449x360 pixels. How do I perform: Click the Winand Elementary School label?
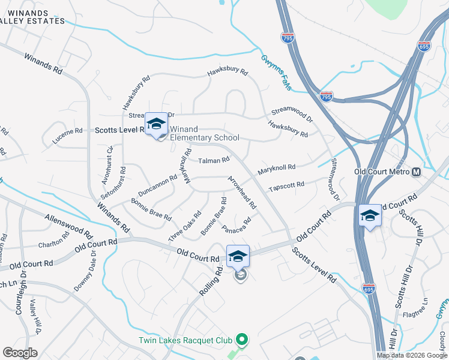[204, 133]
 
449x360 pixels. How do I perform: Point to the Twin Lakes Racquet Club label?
[185, 340]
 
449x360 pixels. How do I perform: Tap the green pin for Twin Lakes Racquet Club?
[242, 340]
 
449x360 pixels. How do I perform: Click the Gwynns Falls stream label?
[276, 73]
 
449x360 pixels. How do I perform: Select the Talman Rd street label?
[214, 160]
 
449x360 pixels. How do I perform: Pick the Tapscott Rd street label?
[286, 187]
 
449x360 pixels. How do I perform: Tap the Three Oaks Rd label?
[185, 226]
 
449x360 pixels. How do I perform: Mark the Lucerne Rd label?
[66, 131]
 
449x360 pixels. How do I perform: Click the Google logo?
[20, 352]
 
